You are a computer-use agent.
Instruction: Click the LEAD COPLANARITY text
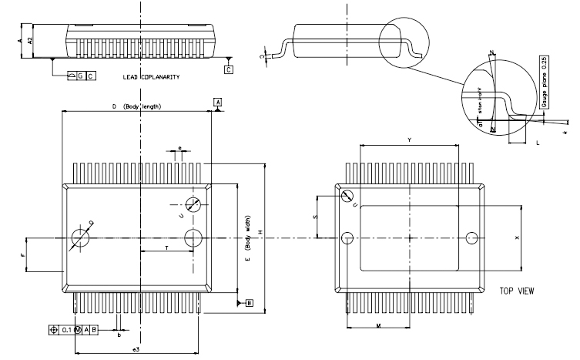click(x=151, y=78)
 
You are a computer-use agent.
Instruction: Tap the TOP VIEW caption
click(x=518, y=292)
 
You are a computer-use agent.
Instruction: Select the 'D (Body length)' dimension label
click(x=137, y=106)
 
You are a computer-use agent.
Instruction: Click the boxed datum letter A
click(x=218, y=103)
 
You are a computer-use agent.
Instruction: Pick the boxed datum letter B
click(x=250, y=303)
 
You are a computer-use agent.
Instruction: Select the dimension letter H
click(x=260, y=233)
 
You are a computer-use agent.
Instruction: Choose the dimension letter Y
click(x=410, y=140)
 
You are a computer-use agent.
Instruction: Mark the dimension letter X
click(x=517, y=237)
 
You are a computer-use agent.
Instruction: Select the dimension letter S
click(x=315, y=218)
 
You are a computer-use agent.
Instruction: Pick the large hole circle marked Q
click(x=80, y=237)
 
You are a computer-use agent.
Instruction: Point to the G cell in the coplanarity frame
click(x=79, y=76)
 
